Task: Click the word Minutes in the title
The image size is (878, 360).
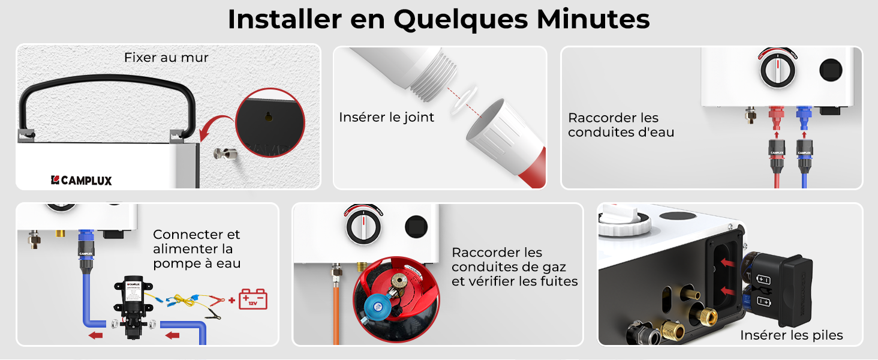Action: (x=593, y=19)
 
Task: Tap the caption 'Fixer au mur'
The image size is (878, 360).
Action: (x=166, y=58)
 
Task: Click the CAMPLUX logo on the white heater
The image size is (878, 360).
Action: (x=82, y=181)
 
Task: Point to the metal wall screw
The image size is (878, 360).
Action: (x=225, y=154)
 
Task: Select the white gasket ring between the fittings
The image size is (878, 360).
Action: (x=464, y=100)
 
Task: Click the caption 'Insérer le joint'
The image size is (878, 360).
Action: (x=386, y=117)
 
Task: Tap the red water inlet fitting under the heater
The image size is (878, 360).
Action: (x=777, y=118)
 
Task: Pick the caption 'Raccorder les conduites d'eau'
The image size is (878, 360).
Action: (x=621, y=125)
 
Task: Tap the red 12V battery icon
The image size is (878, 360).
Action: (x=253, y=299)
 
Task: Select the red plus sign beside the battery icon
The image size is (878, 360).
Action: (x=231, y=301)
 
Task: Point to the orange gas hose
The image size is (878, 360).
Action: (x=336, y=314)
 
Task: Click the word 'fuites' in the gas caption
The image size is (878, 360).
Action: (x=560, y=281)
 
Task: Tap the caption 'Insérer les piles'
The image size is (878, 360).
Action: (x=792, y=335)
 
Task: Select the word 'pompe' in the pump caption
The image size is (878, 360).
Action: (x=177, y=264)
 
